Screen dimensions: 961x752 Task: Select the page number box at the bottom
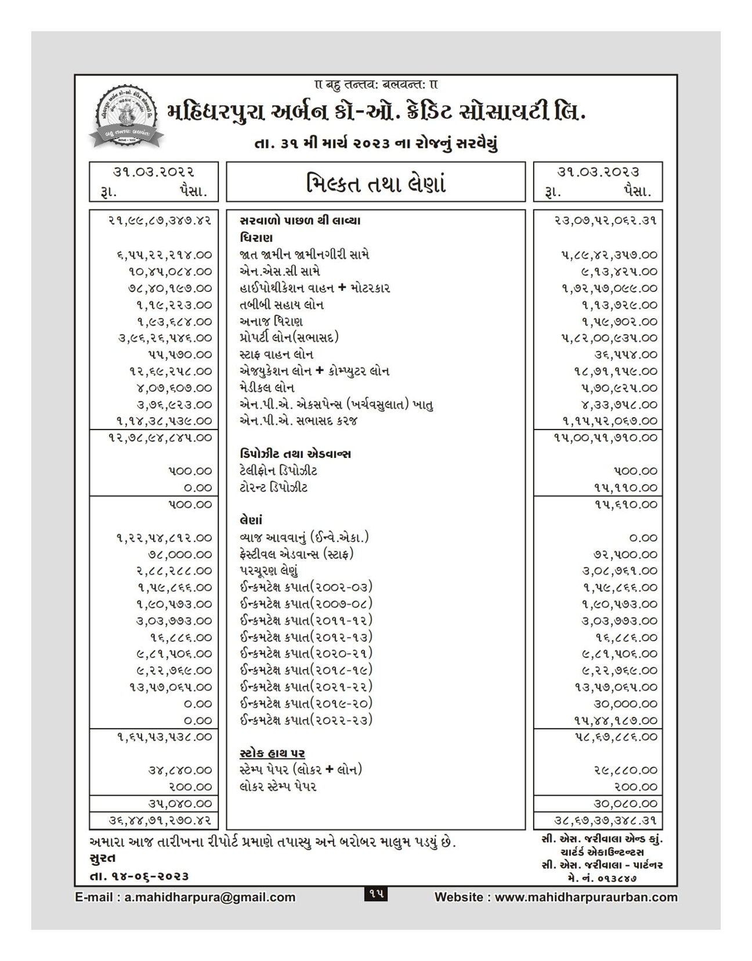pyautogui.click(x=376, y=894)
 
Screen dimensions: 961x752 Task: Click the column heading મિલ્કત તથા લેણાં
pyautogui.click(x=375, y=184)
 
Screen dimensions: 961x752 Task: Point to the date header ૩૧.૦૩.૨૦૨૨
pyautogui.click(x=154, y=172)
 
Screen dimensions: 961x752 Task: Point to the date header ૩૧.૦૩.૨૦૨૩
pyautogui.click(x=598, y=172)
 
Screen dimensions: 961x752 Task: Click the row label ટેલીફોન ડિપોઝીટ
pyautogui.click(x=279, y=471)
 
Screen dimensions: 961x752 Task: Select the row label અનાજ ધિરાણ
pyautogui.click(x=271, y=321)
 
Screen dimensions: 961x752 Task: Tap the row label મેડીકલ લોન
pyautogui.click(x=267, y=388)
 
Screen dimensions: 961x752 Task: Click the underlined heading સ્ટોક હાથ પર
pyautogui.click(x=272, y=753)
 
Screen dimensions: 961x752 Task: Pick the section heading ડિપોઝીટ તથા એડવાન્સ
pyautogui.click(x=295, y=454)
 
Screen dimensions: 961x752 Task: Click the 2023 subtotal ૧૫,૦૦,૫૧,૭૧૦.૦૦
pyautogui.click(x=606, y=438)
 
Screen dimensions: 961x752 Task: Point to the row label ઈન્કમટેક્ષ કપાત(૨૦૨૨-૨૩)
pyautogui.click(x=306, y=720)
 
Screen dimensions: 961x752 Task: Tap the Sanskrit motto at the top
pyautogui.click(x=375, y=85)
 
